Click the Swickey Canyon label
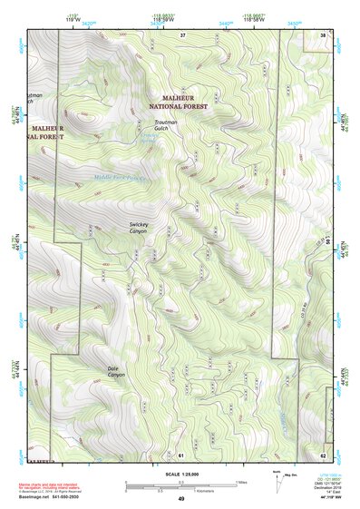pyautogui.click(x=139, y=227)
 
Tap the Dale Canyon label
pyautogui.click(x=116, y=371)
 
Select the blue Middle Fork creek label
pyautogui.click(x=120, y=178)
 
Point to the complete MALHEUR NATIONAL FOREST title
pyautogui.click(x=179, y=103)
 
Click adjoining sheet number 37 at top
pyautogui.click(x=182, y=34)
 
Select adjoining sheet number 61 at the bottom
pyautogui.click(x=181, y=454)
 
